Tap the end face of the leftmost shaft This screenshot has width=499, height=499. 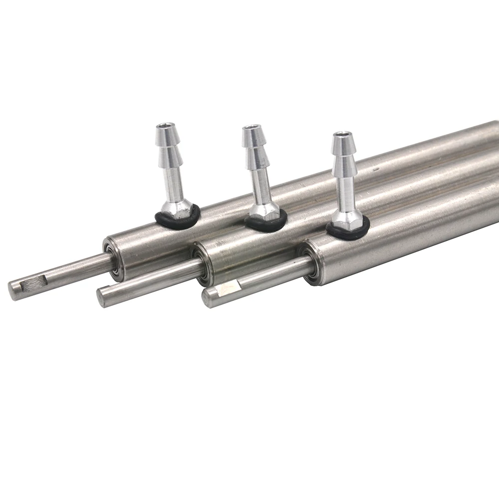(x=12, y=290)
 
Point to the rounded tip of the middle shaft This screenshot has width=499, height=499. (x=101, y=298)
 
